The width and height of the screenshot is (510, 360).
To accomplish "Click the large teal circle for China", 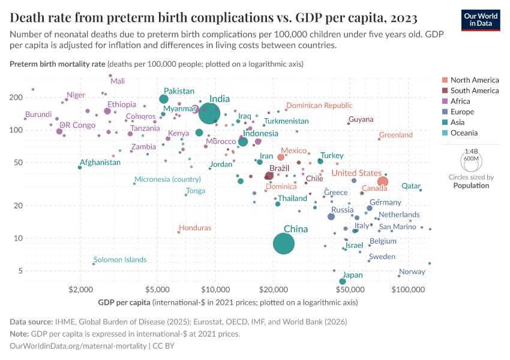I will [x=284, y=244].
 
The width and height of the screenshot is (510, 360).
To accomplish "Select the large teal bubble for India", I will [x=209, y=112].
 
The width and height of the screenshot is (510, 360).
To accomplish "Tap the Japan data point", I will [x=343, y=281].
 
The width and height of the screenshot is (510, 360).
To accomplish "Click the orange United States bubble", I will [x=383, y=182].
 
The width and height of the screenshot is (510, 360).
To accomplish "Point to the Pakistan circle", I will [x=164, y=99].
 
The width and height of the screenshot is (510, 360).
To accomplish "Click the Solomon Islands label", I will [x=120, y=260].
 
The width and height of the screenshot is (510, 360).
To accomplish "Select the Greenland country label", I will [x=396, y=135].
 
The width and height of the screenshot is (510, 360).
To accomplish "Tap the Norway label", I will [x=412, y=272].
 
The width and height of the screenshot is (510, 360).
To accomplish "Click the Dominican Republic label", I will [x=319, y=106].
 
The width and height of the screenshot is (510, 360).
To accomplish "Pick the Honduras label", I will [x=195, y=228].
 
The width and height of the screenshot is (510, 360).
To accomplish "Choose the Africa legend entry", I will [x=461, y=101].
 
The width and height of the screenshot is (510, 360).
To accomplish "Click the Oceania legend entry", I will [x=465, y=133].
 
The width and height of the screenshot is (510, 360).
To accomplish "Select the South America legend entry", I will [x=474, y=91].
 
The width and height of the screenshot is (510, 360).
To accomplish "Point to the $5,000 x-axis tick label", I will [x=157, y=290].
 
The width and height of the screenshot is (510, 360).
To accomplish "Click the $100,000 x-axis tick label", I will [x=409, y=290].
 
